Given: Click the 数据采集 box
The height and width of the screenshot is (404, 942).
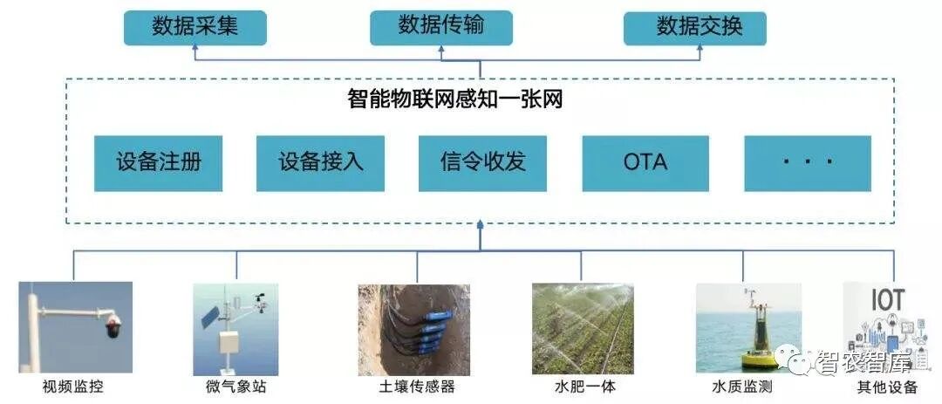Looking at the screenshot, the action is pos(195,28).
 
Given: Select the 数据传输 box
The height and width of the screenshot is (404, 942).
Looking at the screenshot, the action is pos(441,28).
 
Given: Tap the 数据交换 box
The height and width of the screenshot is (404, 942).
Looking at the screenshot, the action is pos(695,28).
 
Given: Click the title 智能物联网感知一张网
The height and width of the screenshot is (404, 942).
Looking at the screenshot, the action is pos(454,99).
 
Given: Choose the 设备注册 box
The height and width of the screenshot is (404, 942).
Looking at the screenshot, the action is pos(158,163).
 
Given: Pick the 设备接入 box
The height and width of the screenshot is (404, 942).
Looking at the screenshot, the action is pos(320,163).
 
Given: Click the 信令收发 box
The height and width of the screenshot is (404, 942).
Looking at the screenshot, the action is pos(482,163).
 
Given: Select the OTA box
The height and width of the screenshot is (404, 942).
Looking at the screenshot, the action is pos(645,163).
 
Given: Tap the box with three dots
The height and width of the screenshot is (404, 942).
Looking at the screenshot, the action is pos(808,163).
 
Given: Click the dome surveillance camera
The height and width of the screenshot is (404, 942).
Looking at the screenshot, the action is pos(113,325).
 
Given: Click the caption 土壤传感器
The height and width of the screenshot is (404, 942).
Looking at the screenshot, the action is pos(417,386).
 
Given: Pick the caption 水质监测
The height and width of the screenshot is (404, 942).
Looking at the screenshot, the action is pos(742,386).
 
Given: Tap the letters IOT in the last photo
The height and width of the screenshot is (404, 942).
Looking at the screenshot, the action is pos(887,299).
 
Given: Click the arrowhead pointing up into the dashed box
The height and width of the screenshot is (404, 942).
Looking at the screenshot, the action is pos(480,225).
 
